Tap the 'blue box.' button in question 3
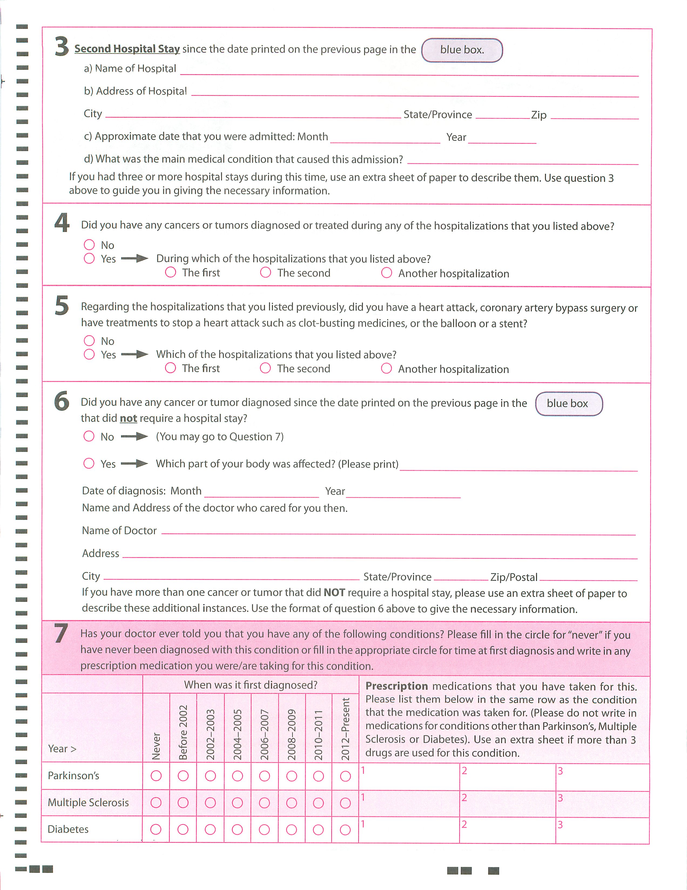[x=462, y=50]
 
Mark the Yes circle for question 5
[x=89, y=354]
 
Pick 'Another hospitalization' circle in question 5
[x=386, y=368]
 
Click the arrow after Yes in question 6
[x=135, y=463]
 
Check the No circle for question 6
[x=89, y=436]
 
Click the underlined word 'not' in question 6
[x=128, y=419]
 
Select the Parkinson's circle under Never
[x=156, y=776]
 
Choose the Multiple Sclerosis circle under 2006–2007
[x=264, y=803]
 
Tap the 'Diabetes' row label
[x=68, y=829]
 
